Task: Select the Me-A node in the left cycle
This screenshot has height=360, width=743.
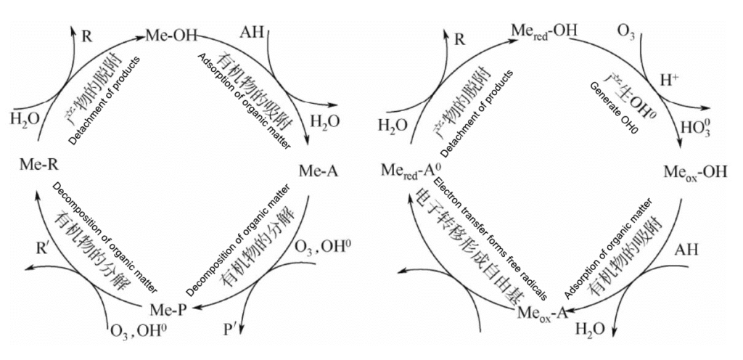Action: tap(319, 172)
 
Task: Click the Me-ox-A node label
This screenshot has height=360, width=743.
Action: tap(542, 313)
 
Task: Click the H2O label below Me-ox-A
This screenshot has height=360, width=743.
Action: tap(590, 330)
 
